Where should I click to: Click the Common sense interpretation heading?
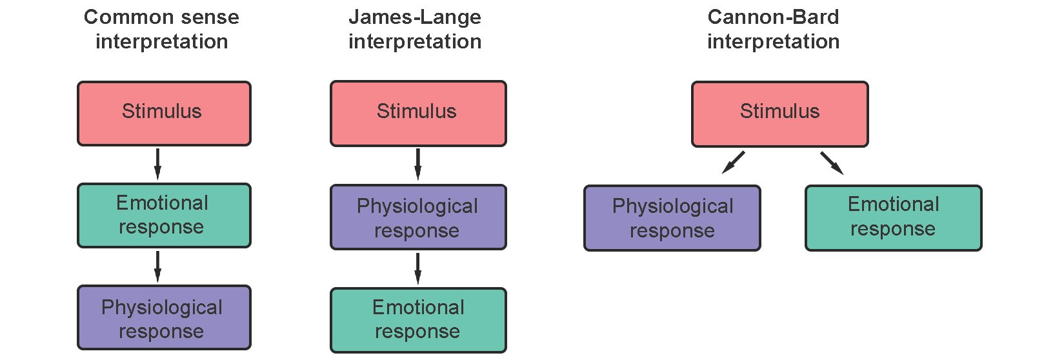point(161,30)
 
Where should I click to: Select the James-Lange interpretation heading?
point(415,30)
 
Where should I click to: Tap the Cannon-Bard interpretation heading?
point(773,30)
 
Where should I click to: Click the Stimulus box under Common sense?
point(164,114)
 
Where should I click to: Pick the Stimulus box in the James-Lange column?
point(418,114)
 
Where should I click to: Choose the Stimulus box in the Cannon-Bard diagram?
point(779,114)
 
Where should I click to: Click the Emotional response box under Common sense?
point(164,215)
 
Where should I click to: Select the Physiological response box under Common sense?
point(164,317)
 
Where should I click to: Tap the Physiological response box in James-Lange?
point(418,217)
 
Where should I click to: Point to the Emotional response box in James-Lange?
point(418,320)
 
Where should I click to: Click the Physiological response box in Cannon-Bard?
point(672,218)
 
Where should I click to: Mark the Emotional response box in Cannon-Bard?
point(894,218)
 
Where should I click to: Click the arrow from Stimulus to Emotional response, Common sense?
point(157,165)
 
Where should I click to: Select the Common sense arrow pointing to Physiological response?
point(157,267)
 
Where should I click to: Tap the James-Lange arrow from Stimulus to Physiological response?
point(418,165)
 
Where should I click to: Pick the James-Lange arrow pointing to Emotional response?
point(418,269)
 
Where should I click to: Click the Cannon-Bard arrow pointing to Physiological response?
point(734,163)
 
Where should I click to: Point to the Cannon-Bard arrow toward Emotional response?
point(832,163)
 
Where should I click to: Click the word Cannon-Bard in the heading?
point(773,17)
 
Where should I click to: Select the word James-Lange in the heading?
point(415,18)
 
